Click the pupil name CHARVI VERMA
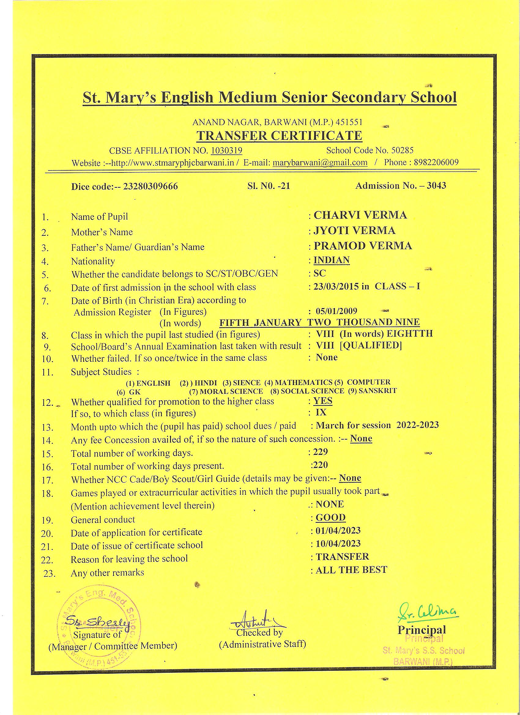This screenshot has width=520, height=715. pos(360,215)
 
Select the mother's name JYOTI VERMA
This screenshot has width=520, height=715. pos(354,231)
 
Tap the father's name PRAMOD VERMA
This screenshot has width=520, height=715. pos(363,246)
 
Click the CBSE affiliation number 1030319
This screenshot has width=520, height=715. pos(226,150)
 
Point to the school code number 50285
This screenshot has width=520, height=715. pos(402,150)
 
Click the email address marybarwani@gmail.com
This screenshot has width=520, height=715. pos(320,162)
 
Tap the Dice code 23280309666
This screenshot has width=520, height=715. pos(150,186)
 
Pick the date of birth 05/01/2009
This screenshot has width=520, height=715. pos(336,311)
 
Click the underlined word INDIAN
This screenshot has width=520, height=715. pos(332,260)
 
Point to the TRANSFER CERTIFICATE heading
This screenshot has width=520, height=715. pos(279,135)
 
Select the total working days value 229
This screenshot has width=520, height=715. pos(320,452)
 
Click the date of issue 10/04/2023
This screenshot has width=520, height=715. pos(338,543)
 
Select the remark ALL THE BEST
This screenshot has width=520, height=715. pos(351,570)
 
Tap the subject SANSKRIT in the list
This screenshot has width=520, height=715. pos(377,391)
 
